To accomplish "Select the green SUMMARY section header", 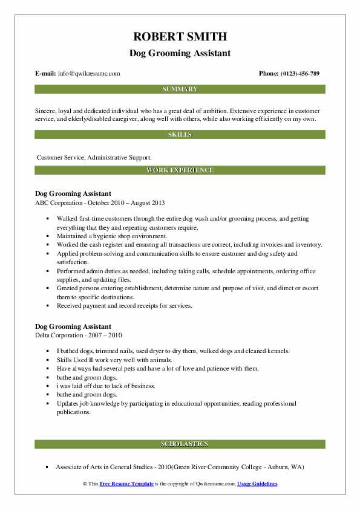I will pos(180,89).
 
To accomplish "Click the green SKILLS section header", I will pos(180,134).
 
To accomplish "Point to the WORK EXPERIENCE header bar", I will pos(180,170).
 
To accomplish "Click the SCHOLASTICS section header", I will pos(180,444).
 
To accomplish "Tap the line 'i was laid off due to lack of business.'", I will pos(106,386).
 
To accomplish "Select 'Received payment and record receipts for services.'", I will pos(125,305).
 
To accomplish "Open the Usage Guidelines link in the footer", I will pos(257,484).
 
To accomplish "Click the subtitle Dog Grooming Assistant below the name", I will pos(180,53).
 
